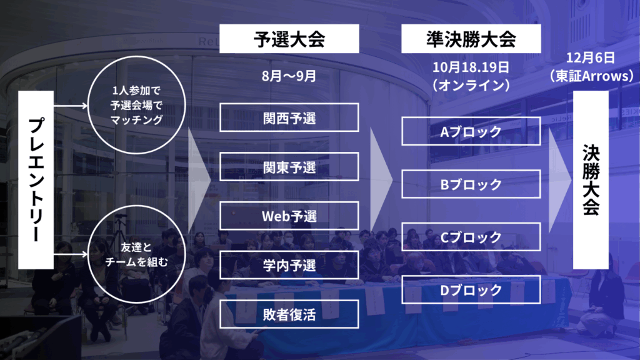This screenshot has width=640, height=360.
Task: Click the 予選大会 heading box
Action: [x=289, y=39]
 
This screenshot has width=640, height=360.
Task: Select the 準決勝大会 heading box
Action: [x=471, y=39]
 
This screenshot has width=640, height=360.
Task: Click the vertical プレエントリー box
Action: [x=36, y=180]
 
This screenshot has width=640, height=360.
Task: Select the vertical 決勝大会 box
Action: [x=591, y=180]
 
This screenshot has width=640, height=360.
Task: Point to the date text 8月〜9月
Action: [x=289, y=76]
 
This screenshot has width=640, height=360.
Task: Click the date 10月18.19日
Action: [x=471, y=67]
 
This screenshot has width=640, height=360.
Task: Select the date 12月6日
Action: [x=590, y=57]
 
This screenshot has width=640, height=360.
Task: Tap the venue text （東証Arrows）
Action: [x=591, y=76]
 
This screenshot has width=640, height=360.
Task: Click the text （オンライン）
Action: [x=471, y=85]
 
